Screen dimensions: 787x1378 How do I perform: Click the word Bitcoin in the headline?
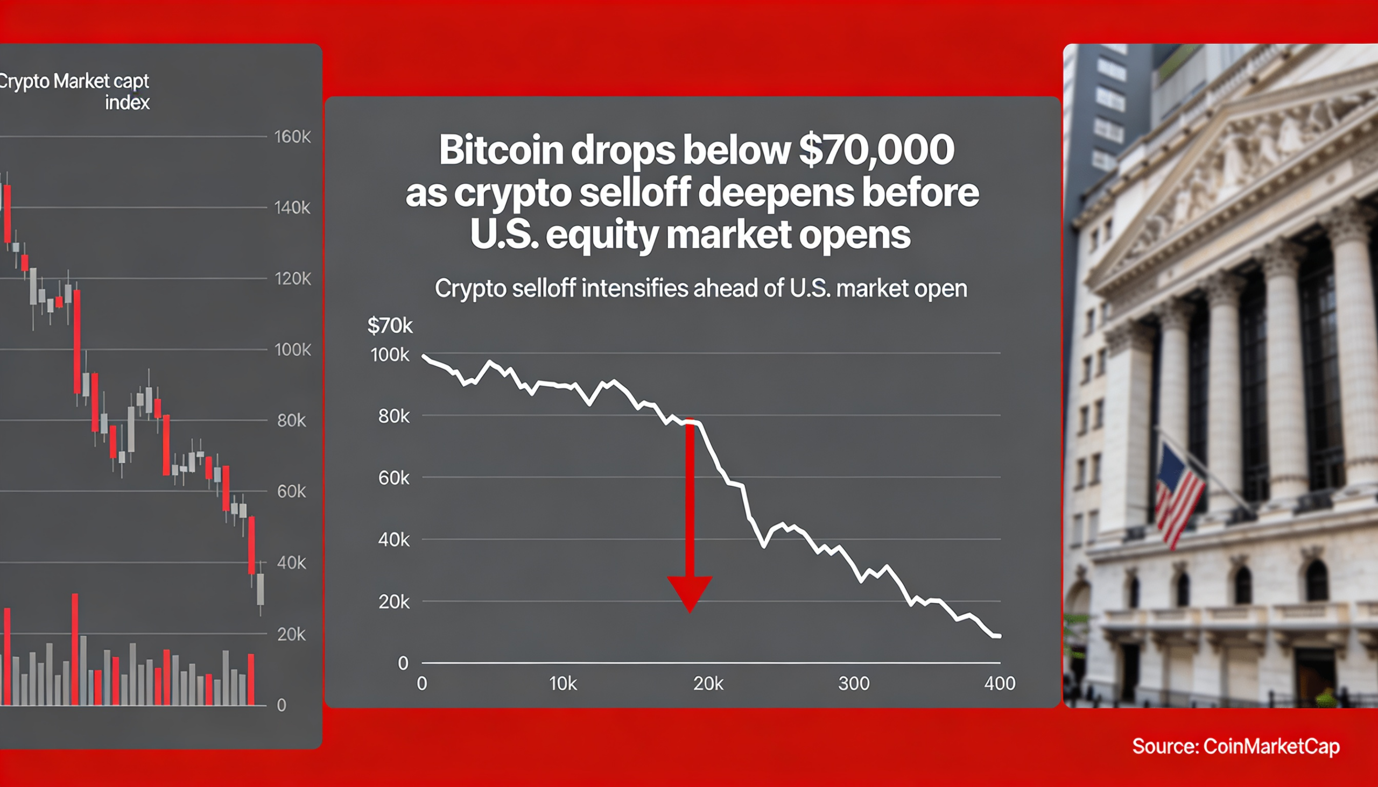(x=501, y=150)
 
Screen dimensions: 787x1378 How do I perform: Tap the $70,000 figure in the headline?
(x=876, y=150)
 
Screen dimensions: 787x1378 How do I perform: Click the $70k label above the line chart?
(x=389, y=326)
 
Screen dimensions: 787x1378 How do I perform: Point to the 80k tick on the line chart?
(x=393, y=416)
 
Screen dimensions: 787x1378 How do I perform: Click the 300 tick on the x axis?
(x=853, y=684)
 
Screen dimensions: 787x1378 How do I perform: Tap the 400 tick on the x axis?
(x=1000, y=684)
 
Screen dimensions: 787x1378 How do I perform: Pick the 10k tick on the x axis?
(x=563, y=684)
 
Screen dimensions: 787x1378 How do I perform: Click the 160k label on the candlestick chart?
(x=292, y=137)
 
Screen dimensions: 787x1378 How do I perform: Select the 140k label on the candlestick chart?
(x=292, y=208)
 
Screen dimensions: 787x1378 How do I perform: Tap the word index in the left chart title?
(x=127, y=103)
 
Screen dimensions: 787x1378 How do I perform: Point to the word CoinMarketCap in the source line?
(x=1271, y=747)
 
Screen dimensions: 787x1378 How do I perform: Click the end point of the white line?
(x=999, y=636)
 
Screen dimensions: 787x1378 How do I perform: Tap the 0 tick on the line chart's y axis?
(x=403, y=663)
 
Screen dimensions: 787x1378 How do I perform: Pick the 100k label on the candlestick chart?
(x=292, y=350)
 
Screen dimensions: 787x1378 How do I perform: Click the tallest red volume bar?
(x=75, y=649)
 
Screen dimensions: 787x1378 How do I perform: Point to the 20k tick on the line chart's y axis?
(x=393, y=601)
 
